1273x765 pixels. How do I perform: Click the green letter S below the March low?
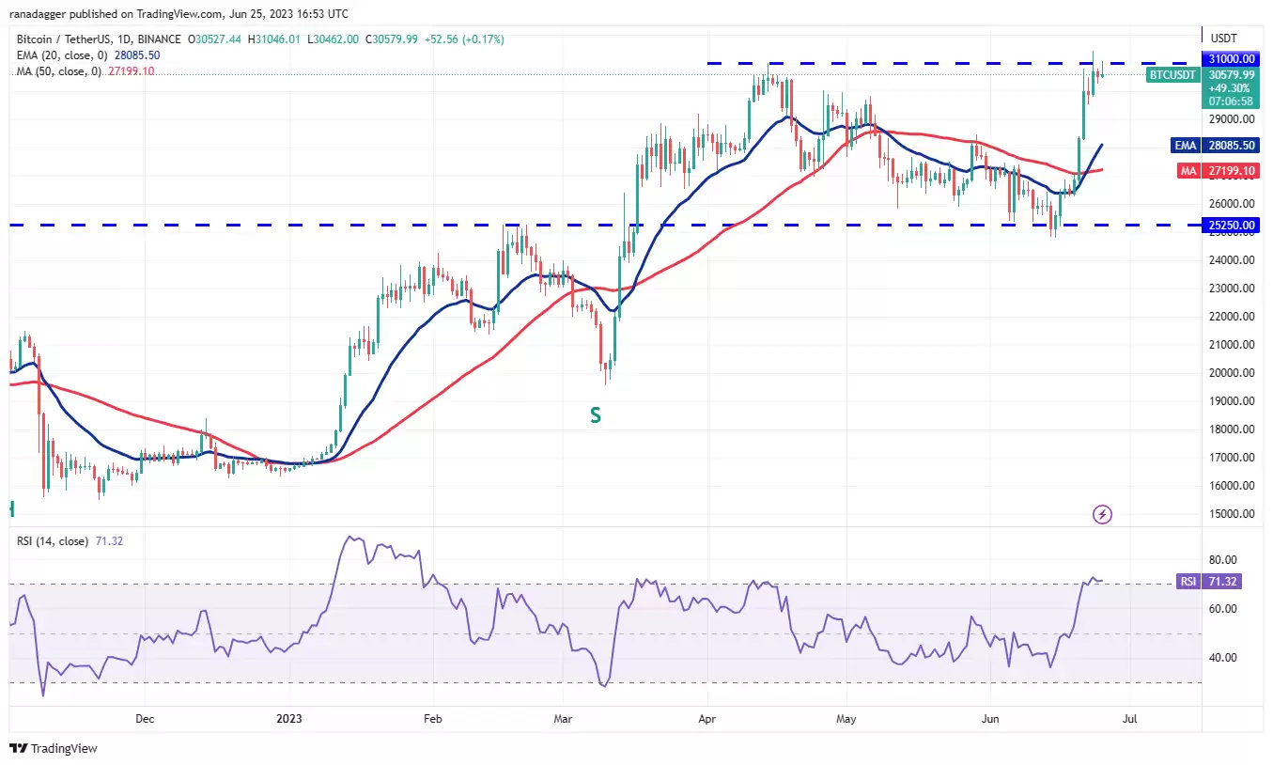click(595, 415)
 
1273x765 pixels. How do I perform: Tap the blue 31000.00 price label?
click(1231, 58)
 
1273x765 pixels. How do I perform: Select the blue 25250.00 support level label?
click(1231, 225)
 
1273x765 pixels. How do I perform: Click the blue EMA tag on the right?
click(1185, 146)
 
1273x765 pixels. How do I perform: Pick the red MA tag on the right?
click(1188, 171)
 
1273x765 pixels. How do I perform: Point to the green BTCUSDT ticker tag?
click(1172, 75)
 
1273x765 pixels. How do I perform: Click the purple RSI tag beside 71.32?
click(1188, 582)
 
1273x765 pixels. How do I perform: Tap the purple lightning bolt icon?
click(1102, 515)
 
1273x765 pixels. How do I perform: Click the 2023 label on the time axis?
click(288, 719)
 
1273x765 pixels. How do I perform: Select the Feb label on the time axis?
click(432, 719)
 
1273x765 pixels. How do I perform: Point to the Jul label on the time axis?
click(1130, 719)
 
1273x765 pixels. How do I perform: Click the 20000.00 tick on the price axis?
click(1232, 373)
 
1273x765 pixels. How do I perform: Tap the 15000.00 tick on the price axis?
click(1232, 514)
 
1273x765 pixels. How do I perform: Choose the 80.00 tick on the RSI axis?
click(1223, 560)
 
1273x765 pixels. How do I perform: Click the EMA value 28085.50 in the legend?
click(137, 55)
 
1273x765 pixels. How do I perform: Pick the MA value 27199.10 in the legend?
click(131, 71)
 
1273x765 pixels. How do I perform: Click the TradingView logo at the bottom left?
click(54, 748)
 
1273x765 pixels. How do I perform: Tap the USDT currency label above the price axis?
click(1223, 39)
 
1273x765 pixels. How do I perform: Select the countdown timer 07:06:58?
click(1231, 101)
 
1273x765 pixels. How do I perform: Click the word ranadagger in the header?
click(39, 14)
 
